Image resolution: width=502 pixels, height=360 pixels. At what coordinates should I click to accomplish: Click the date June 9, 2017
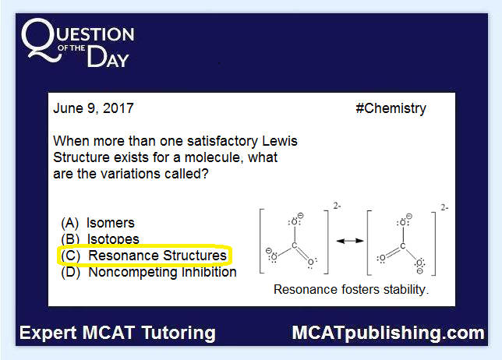coord(94,108)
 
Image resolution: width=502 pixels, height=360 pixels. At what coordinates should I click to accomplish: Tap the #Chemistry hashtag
coord(391,109)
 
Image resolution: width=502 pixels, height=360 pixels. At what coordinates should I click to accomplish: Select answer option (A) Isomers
coord(97,223)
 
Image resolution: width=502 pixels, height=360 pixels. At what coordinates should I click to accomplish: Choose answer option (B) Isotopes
coord(100,239)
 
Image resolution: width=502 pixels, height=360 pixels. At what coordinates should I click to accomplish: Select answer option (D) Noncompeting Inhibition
coord(149,272)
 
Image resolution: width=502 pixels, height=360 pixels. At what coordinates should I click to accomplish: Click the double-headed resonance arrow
coord(350,241)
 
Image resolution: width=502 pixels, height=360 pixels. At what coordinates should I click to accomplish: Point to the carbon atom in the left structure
coord(295,245)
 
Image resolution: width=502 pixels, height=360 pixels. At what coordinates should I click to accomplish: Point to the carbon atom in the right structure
coord(403,245)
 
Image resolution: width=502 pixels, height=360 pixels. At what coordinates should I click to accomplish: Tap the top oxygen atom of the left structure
coord(294,222)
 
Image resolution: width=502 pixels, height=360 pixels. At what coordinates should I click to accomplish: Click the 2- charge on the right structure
coord(444,207)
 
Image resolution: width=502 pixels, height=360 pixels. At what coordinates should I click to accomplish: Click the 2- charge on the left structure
coord(337,206)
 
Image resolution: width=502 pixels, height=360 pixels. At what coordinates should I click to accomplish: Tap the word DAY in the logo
coord(108,57)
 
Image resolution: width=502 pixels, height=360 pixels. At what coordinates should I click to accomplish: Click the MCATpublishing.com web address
coord(388,333)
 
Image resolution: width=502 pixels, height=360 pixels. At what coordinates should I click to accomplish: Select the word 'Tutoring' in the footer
coord(179,333)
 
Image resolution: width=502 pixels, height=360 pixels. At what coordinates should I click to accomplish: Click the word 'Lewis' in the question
coord(280,141)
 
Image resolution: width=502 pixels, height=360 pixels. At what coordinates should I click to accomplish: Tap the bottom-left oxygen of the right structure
coord(382,258)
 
